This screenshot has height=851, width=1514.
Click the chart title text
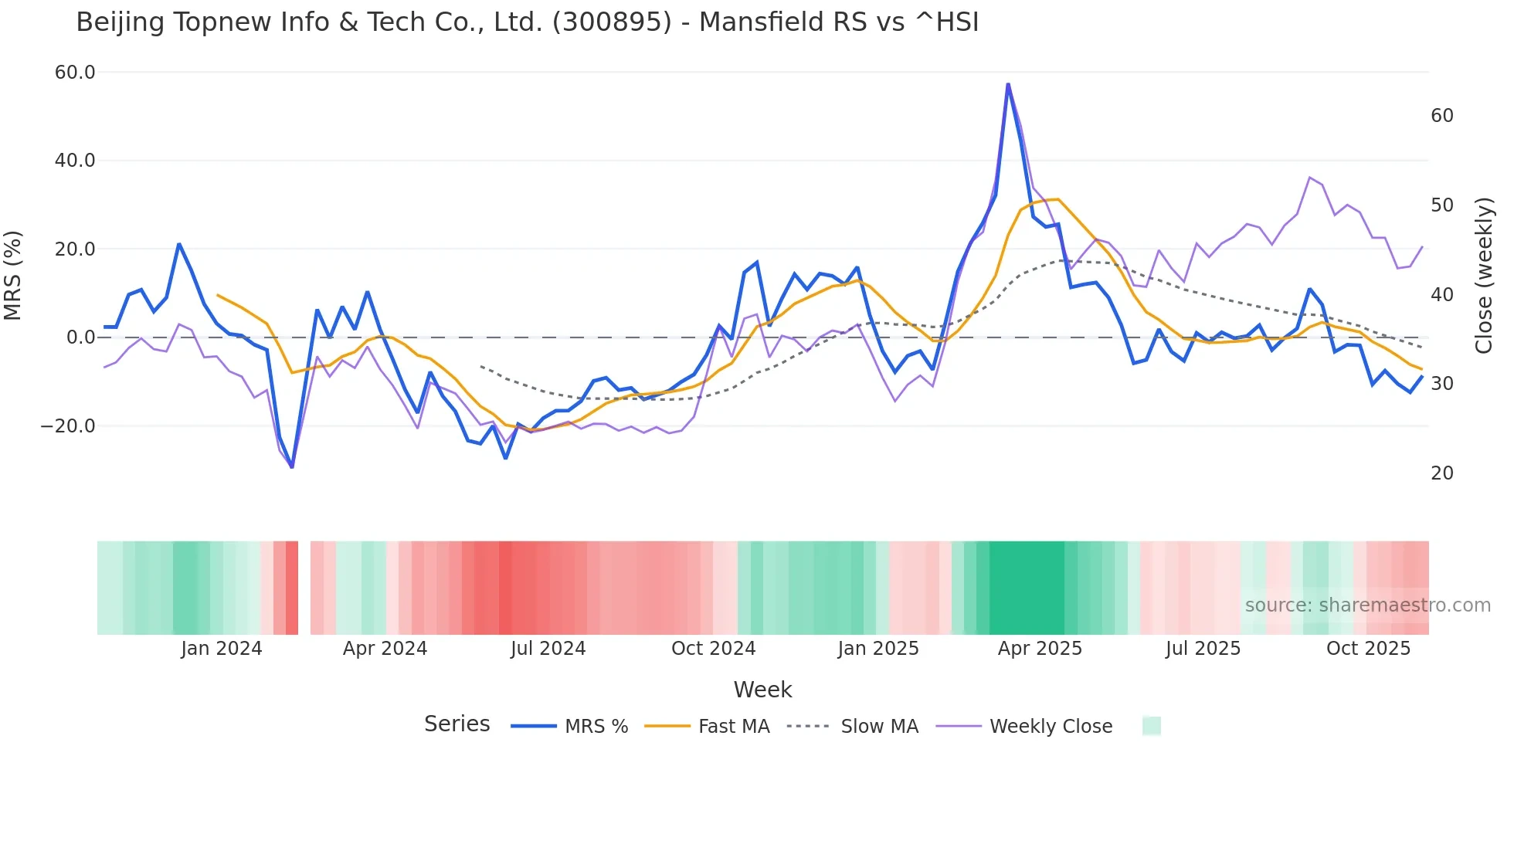527,22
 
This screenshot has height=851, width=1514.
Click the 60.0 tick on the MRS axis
75,73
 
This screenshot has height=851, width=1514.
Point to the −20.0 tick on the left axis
68,426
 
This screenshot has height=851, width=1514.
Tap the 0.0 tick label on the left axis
80,337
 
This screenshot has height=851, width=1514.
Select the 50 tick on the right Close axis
1441,205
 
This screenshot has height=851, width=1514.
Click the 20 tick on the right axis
1441,473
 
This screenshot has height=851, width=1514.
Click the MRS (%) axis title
13,276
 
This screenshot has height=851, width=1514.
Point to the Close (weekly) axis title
1483,276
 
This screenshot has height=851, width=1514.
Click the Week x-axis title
762,690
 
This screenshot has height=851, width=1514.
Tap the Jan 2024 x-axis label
222,649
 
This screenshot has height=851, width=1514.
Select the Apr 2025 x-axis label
1040,649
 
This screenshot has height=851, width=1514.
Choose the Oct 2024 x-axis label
713,649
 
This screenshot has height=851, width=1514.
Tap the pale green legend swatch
1151,726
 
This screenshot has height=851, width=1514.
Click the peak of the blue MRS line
1008,84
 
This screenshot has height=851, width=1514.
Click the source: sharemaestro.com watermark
1367,605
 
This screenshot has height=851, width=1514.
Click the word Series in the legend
457,724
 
